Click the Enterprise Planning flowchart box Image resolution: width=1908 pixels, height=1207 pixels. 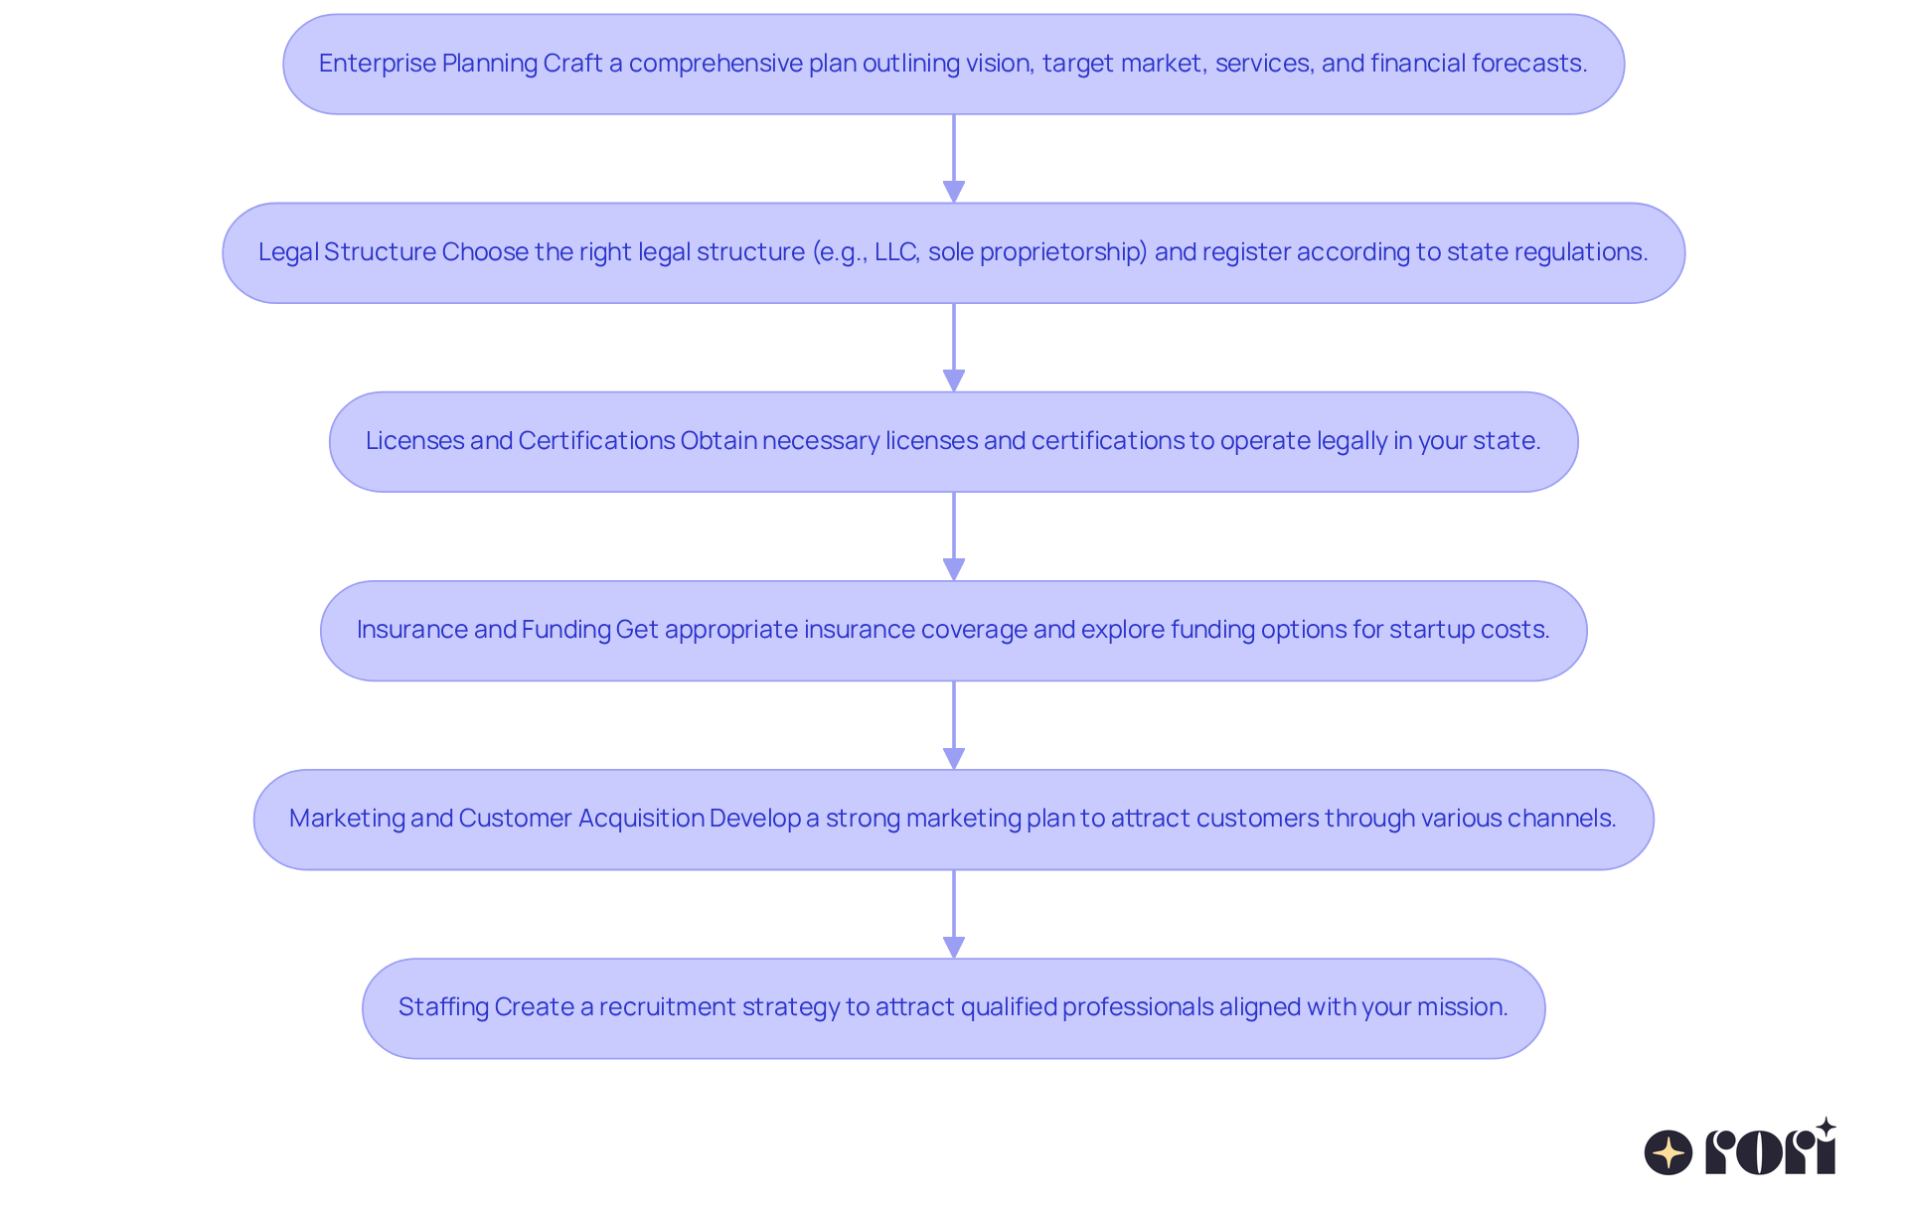click(953, 64)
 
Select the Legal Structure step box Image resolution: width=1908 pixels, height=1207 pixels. click(953, 252)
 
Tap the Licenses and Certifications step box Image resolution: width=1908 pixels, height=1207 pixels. click(953, 441)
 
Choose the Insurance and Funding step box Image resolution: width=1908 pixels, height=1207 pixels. click(953, 630)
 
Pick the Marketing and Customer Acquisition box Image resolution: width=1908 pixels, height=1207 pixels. click(953, 819)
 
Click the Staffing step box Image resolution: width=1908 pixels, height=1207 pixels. click(953, 1007)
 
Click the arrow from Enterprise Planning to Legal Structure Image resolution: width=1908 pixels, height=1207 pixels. click(954, 159)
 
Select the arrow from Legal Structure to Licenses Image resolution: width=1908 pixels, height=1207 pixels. click(954, 348)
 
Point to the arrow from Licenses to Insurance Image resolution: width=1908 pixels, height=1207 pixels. click(954, 536)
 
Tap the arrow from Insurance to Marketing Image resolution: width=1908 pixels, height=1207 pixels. click(954, 725)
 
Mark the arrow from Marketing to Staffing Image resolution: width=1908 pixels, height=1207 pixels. click(954, 914)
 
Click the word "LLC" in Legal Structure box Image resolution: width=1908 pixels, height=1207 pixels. click(896, 252)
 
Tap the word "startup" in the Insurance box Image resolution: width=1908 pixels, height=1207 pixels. click(1424, 630)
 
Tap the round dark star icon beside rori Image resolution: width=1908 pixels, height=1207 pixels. click(1669, 1152)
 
